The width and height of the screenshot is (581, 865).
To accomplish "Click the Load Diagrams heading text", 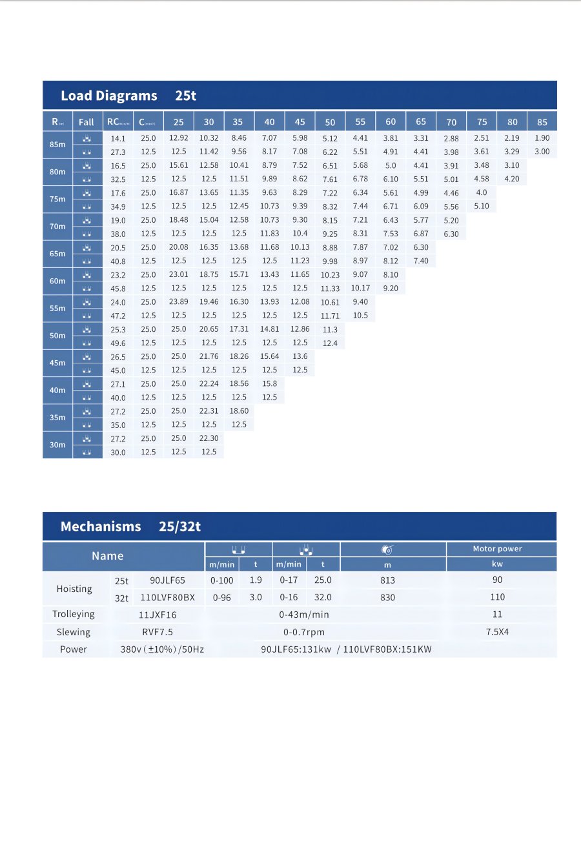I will pos(108,96).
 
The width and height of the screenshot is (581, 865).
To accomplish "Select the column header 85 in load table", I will pos(542,121).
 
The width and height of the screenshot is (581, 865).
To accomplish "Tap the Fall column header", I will pos(86,121).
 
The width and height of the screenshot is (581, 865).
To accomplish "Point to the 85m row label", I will pos(57,145).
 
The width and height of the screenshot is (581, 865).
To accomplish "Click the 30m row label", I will pos(57,445).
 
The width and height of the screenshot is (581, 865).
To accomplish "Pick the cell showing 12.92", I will pos(178,137).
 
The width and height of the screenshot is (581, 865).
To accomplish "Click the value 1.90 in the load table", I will pos(542,137).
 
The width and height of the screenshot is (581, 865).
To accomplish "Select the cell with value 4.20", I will pos(511,179).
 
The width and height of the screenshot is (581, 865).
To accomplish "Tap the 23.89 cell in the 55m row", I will pos(178,301).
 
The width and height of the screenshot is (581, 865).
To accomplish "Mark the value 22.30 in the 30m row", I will pos(209,438).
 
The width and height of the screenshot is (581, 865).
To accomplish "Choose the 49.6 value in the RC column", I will pos(118,343).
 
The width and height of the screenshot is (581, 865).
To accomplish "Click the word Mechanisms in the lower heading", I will pos(101,527).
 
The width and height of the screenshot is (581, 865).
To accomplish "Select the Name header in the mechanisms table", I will pos(107,556).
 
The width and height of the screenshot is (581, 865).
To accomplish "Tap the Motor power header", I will pos(497,549).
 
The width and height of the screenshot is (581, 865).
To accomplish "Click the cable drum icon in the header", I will pos(387,549).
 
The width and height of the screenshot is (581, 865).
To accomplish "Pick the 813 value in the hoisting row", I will pos(387,580).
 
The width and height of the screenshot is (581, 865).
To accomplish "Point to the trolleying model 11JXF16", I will pos(157,615).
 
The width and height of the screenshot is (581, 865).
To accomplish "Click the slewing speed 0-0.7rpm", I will pos(303,632).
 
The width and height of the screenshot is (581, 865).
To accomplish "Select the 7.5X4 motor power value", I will pos(497,632).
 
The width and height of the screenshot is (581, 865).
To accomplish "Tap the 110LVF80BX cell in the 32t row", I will pos(167,597).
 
